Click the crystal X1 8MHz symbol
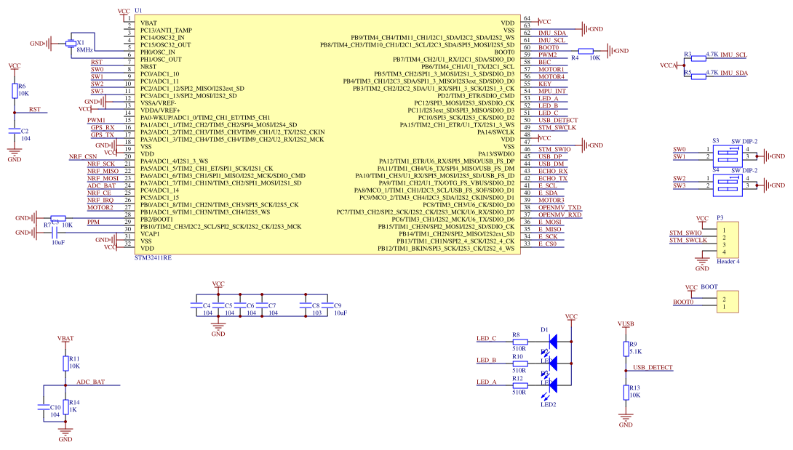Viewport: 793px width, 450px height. click(71, 44)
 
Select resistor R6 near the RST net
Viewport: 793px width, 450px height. click(15, 90)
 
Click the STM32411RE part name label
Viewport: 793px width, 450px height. click(154, 258)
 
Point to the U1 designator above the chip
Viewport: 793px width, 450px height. click(139, 13)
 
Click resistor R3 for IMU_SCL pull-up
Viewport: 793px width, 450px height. click(698, 57)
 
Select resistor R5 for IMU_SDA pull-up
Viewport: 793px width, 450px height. click(698, 75)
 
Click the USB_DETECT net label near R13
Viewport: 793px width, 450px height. click(653, 368)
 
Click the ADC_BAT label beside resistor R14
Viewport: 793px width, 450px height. click(90, 382)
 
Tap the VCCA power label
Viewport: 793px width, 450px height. click(668, 65)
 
